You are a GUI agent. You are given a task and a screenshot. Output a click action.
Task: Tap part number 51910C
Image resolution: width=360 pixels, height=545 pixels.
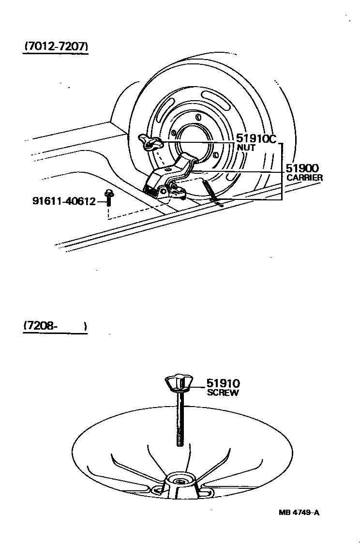coord(256,139)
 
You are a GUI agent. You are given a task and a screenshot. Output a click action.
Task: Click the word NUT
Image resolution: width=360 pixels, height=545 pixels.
coord(246,148)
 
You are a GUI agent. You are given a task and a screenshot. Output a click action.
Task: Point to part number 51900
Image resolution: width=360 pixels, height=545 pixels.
coord(301,168)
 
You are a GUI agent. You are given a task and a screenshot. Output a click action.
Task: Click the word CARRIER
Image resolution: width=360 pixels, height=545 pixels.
coord(304,178)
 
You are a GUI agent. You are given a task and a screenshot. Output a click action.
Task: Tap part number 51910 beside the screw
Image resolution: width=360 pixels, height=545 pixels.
coord(223,384)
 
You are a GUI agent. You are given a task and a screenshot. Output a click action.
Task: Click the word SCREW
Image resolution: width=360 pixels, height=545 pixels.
coord(223,393)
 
